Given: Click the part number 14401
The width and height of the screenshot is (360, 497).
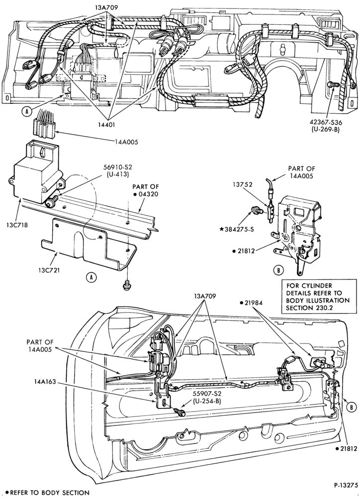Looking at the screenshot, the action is (106, 125).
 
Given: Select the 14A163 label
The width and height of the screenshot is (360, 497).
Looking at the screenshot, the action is (45, 382).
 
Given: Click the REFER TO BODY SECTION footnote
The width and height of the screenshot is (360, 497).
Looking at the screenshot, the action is (48, 493).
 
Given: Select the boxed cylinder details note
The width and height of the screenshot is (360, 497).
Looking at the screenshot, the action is (318, 297).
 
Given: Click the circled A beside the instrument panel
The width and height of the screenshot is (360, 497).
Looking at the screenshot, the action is (28, 111).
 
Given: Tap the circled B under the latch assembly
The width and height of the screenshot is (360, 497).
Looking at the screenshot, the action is (278, 270).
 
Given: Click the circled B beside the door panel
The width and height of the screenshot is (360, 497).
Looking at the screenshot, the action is (351, 408).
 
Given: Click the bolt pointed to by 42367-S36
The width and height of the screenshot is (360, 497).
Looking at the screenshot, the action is (333, 84).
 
